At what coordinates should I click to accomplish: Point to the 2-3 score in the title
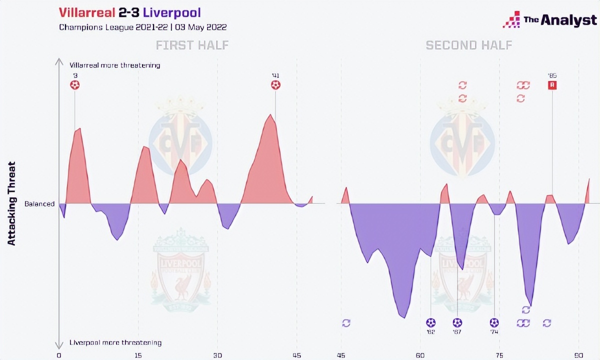click(131, 12)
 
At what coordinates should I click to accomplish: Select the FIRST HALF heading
click(192, 45)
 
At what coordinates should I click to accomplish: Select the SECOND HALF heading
click(469, 45)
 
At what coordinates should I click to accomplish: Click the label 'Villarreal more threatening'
click(115, 65)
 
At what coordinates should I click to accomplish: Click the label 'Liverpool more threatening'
click(115, 343)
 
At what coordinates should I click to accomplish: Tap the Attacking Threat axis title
click(12, 203)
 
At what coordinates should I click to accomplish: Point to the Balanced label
click(39, 204)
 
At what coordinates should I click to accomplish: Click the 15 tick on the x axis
click(138, 355)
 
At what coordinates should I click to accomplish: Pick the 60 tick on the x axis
click(420, 355)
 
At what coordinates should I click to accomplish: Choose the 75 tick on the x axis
click(499, 355)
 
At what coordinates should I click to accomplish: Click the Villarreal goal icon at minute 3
click(74, 85)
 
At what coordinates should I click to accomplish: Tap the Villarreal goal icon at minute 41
click(275, 85)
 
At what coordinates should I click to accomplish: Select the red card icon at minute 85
click(552, 85)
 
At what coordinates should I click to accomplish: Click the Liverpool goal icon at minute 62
click(431, 322)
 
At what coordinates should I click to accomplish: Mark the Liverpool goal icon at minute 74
click(494, 322)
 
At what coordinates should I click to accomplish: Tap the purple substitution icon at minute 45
click(346, 323)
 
